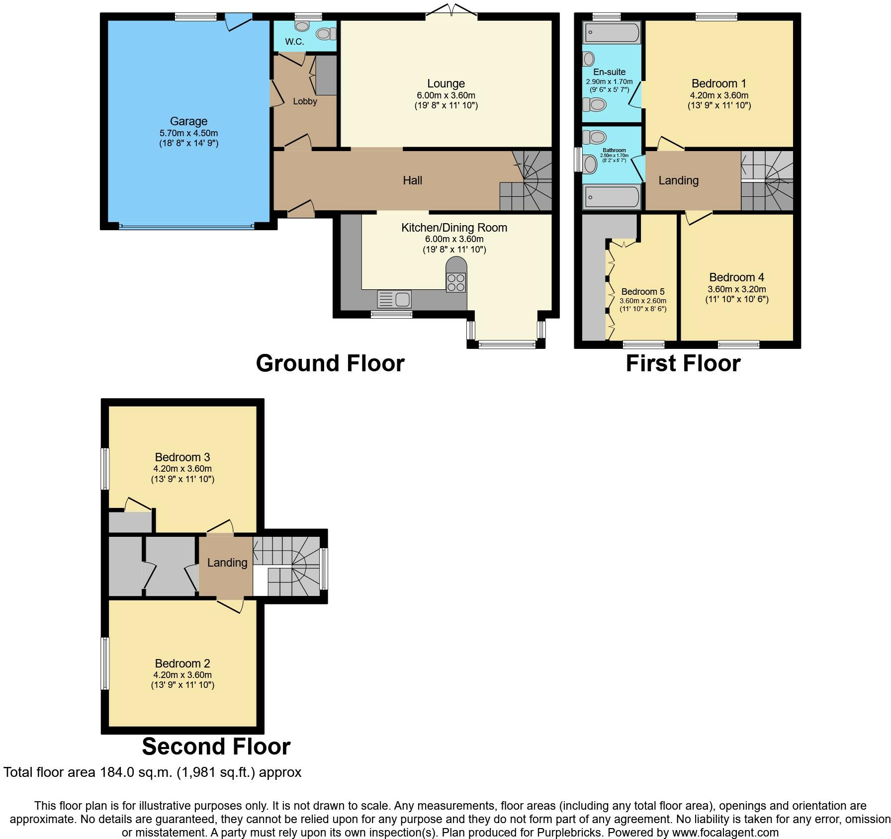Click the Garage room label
(188, 121)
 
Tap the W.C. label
(295, 42)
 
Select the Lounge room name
(446, 84)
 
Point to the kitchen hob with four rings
(456, 282)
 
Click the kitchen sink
(394, 299)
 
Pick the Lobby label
(305, 101)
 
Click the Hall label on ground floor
(413, 180)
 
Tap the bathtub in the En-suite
(611, 33)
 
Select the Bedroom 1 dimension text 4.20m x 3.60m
(719, 95)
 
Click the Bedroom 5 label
(643, 292)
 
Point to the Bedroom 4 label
(737, 277)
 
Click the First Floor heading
(683, 363)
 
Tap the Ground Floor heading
(330, 363)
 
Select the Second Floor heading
(216, 747)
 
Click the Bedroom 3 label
(182, 457)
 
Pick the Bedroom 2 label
(182, 664)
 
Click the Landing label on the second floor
(227, 563)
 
